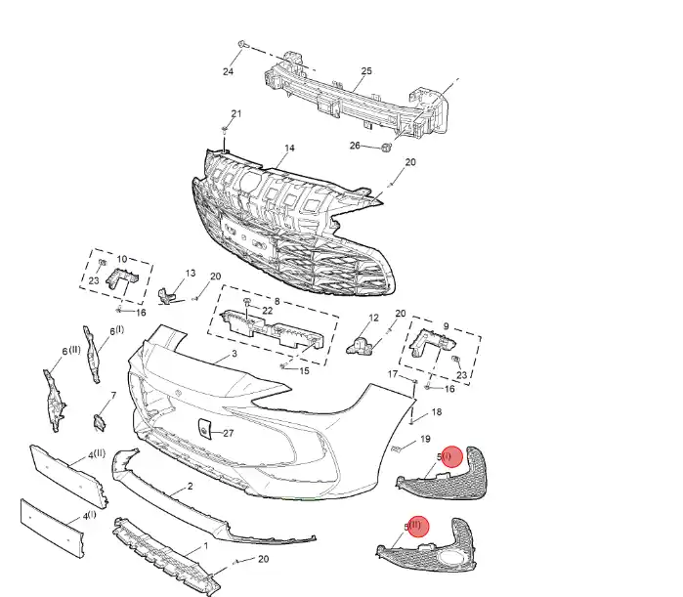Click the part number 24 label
click(x=228, y=72)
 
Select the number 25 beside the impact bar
click(x=366, y=71)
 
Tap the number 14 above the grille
click(x=289, y=149)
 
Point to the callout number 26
click(x=356, y=146)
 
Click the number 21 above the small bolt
click(x=235, y=114)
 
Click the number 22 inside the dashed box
click(x=268, y=310)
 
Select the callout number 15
click(x=304, y=370)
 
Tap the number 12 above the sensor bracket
click(x=372, y=319)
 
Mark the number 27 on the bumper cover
click(x=228, y=433)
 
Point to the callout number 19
click(x=424, y=440)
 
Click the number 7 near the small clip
click(x=112, y=396)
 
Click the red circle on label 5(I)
click(x=450, y=456)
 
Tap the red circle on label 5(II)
click(x=418, y=527)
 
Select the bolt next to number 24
click(x=243, y=45)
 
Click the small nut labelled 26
click(x=385, y=148)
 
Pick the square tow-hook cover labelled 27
click(x=206, y=428)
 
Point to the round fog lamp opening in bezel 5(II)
click(x=456, y=561)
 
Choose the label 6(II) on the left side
click(x=71, y=351)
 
